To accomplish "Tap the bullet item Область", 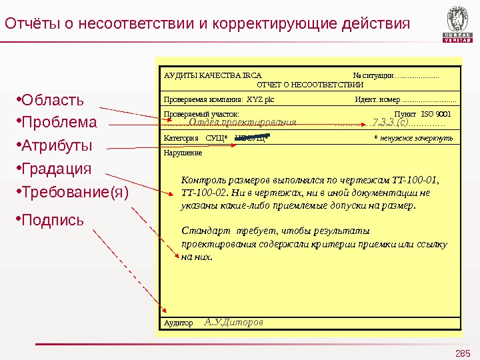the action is tap(53, 101).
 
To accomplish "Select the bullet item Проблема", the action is tap(59, 123).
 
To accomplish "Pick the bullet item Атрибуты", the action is tap(57, 146).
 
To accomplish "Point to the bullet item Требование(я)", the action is tap(75, 192).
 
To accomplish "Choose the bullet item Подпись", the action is tap(53, 219).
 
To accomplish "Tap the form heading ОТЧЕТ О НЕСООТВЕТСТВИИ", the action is tap(310, 85).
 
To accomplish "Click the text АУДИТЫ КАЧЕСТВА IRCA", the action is tap(213, 76).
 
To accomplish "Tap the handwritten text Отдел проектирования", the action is tap(242, 123).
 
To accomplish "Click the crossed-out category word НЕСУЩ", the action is tap(251, 139).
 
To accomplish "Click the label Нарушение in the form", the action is tap(183, 153).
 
